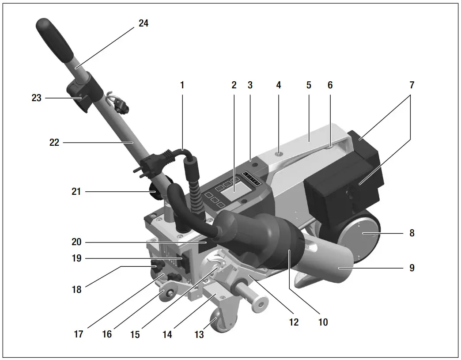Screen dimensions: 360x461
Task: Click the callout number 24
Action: (x=144, y=23)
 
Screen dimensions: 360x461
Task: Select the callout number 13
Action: (x=199, y=335)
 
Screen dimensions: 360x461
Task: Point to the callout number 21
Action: (x=77, y=192)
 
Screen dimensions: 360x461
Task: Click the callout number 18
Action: (x=77, y=290)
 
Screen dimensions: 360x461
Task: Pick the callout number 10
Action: (x=323, y=322)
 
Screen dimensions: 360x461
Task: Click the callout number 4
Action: (x=278, y=85)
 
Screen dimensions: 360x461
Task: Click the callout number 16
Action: (x=107, y=334)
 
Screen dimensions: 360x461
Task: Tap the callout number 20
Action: (x=77, y=242)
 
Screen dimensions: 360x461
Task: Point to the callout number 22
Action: (x=54, y=143)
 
